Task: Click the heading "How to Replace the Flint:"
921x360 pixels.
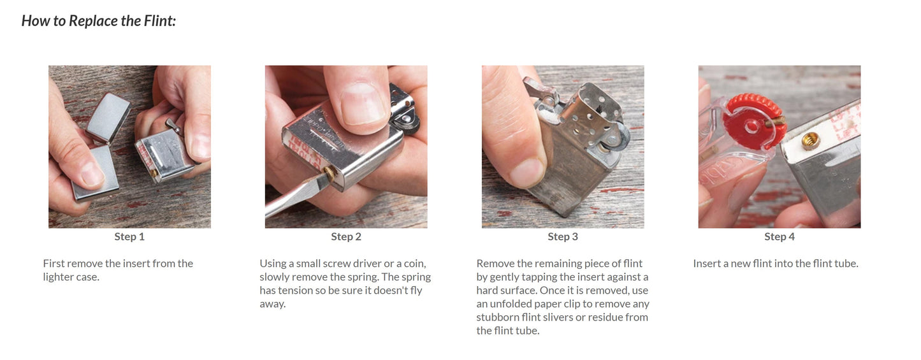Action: coord(99,20)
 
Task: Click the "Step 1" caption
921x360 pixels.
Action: coord(129,237)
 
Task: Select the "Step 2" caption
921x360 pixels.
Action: coord(346,237)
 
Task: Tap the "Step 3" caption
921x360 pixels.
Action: coord(563,237)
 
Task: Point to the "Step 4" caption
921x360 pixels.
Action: coord(780,237)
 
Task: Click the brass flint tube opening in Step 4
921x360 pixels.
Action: coord(810,142)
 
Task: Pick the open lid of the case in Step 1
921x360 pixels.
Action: coord(108,117)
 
